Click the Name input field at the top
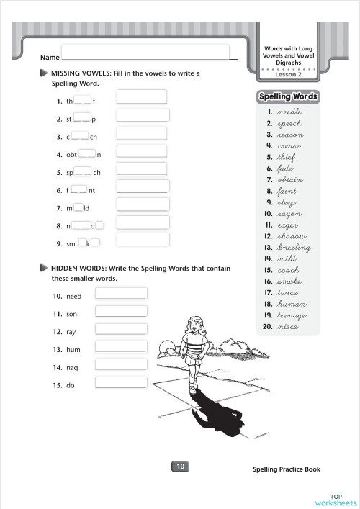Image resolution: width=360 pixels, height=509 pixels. pyautogui.click(x=144, y=51)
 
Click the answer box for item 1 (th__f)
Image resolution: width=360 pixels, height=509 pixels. pyautogui.click(x=142, y=96)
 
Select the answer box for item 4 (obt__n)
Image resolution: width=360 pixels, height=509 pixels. pyautogui.click(x=142, y=150)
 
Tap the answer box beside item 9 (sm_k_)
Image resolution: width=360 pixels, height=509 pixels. pyautogui.click(x=143, y=240)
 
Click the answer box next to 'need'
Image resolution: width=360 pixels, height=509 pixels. pyautogui.click(x=121, y=293)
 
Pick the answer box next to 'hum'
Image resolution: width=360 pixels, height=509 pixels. pyautogui.click(x=121, y=346)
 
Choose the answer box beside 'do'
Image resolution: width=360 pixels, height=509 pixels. pyautogui.click(x=121, y=382)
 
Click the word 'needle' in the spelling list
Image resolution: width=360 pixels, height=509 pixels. pyautogui.click(x=289, y=112)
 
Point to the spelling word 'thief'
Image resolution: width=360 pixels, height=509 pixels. pyautogui.click(x=286, y=157)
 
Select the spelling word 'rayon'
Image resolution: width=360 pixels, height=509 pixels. pyautogui.click(x=289, y=214)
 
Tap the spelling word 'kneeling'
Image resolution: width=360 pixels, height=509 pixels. pyautogui.click(x=294, y=248)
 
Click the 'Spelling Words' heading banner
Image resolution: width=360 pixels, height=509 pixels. pyautogui.click(x=287, y=97)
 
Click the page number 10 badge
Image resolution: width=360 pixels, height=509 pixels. pyautogui.click(x=180, y=467)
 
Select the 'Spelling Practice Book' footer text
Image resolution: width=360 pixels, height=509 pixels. pyautogui.click(x=287, y=469)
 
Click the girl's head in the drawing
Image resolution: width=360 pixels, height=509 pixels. pyautogui.click(x=195, y=328)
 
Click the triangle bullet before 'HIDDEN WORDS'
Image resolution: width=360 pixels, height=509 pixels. pyautogui.click(x=45, y=268)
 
